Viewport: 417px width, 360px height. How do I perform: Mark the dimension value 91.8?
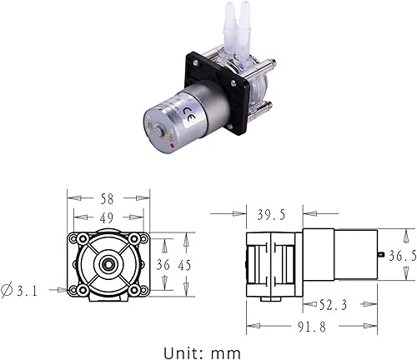313,326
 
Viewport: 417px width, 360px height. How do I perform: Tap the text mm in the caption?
227,350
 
